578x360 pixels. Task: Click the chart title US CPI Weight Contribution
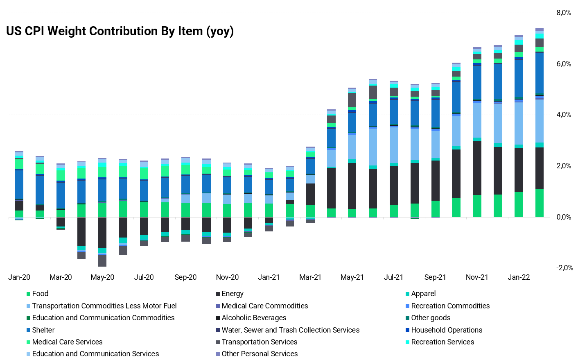point(120,31)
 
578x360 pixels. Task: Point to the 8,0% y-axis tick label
point(564,13)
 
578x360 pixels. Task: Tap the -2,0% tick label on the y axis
point(564,268)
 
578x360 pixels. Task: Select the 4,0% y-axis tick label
point(564,115)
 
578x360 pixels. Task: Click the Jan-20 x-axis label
point(19,277)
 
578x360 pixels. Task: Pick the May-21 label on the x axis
point(352,277)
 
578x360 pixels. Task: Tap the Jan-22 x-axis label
point(519,277)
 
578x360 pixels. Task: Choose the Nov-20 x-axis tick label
point(227,277)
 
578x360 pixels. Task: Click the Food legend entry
point(40,294)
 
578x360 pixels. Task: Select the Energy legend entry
point(233,294)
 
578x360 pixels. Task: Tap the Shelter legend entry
point(43,330)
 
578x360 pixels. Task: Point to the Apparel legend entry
point(423,294)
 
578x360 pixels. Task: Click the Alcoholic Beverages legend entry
point(254,318)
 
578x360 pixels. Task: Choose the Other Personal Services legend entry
point(260,354)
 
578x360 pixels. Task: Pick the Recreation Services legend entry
point(443,342)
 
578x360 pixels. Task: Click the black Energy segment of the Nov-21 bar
point(477,168)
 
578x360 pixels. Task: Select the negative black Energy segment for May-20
point(102,232)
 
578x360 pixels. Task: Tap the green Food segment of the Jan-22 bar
point(519,204)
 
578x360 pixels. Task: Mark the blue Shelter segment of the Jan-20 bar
point(19,184)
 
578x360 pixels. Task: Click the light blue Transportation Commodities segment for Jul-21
point(394,145)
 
